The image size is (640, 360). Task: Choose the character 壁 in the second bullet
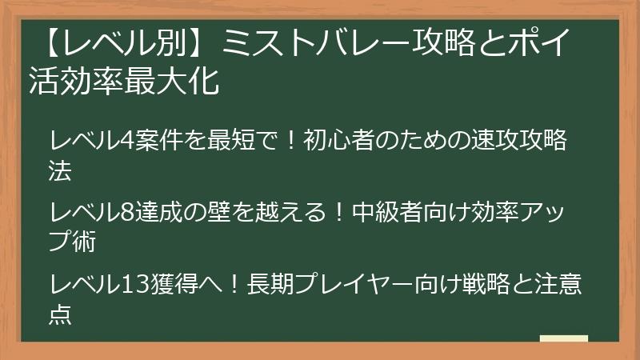point(220,212)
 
